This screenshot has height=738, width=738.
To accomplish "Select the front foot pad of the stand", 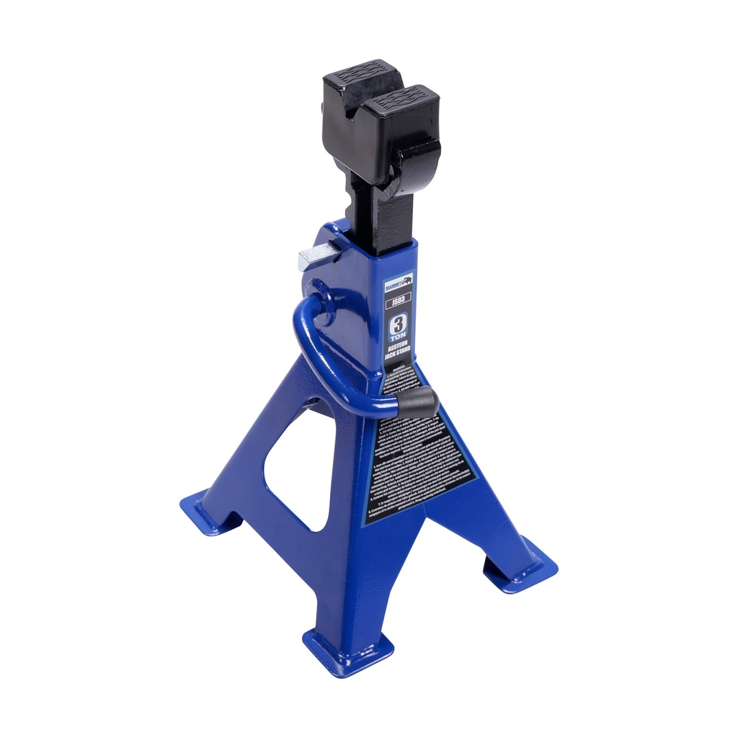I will click(x=347, y=652).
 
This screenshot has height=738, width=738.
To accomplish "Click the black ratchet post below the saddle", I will click(x=382, y=216).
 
